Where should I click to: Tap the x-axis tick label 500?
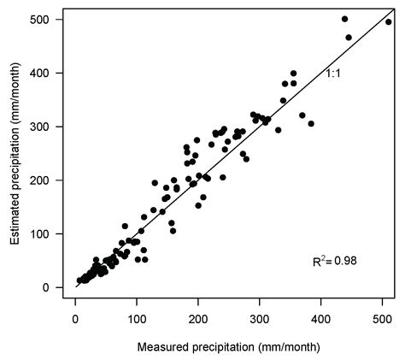click(383, 318)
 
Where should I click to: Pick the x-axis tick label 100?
click(137, 318)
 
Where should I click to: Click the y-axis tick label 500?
click(38, 20)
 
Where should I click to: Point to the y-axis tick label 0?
click(46, 287)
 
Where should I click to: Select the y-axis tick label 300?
click(38, 127)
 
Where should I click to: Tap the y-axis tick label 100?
click(38, 233)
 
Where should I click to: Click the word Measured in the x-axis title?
click(161, 346)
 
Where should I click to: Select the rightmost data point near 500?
click(389, 22)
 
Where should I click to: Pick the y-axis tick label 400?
click(38, 74)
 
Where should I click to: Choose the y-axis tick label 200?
click(38, 180)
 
